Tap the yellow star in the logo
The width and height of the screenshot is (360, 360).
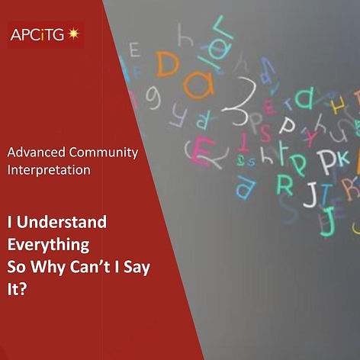[x=74, y=34]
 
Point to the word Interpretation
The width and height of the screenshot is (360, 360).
[x=49, y=169]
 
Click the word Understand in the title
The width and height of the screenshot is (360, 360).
[x=61, y=223]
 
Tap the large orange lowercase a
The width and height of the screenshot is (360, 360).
[x=196, y=86]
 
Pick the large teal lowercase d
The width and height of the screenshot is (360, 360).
[x=302, y=97]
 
